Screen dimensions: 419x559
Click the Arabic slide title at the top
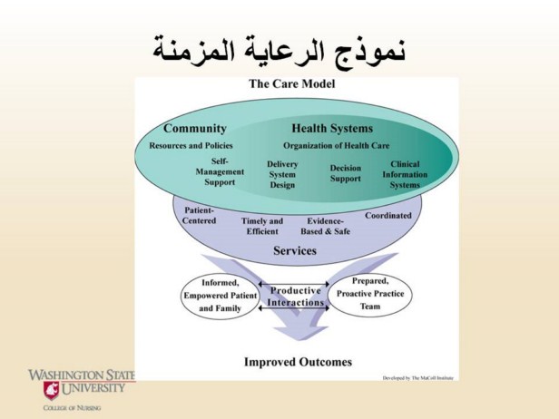coord(279,47)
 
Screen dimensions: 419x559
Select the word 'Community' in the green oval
coord(195,128)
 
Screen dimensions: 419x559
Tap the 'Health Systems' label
coord(332,128)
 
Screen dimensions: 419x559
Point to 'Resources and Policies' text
coord(191,145)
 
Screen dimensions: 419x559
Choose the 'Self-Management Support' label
coord(220,171)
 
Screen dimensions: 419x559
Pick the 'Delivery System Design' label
coord(282,174)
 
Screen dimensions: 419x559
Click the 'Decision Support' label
coord(345,173)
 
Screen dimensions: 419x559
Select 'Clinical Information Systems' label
coord(405,174)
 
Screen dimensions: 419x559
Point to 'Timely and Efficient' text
coord(262,226)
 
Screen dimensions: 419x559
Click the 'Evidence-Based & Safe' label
coord(326,226)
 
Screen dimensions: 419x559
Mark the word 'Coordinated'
coord(388,216)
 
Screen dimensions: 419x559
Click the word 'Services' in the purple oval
coord(295,250)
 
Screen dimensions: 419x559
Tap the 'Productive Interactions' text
coord(295,297)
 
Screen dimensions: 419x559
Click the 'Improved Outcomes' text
coord(298,362)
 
